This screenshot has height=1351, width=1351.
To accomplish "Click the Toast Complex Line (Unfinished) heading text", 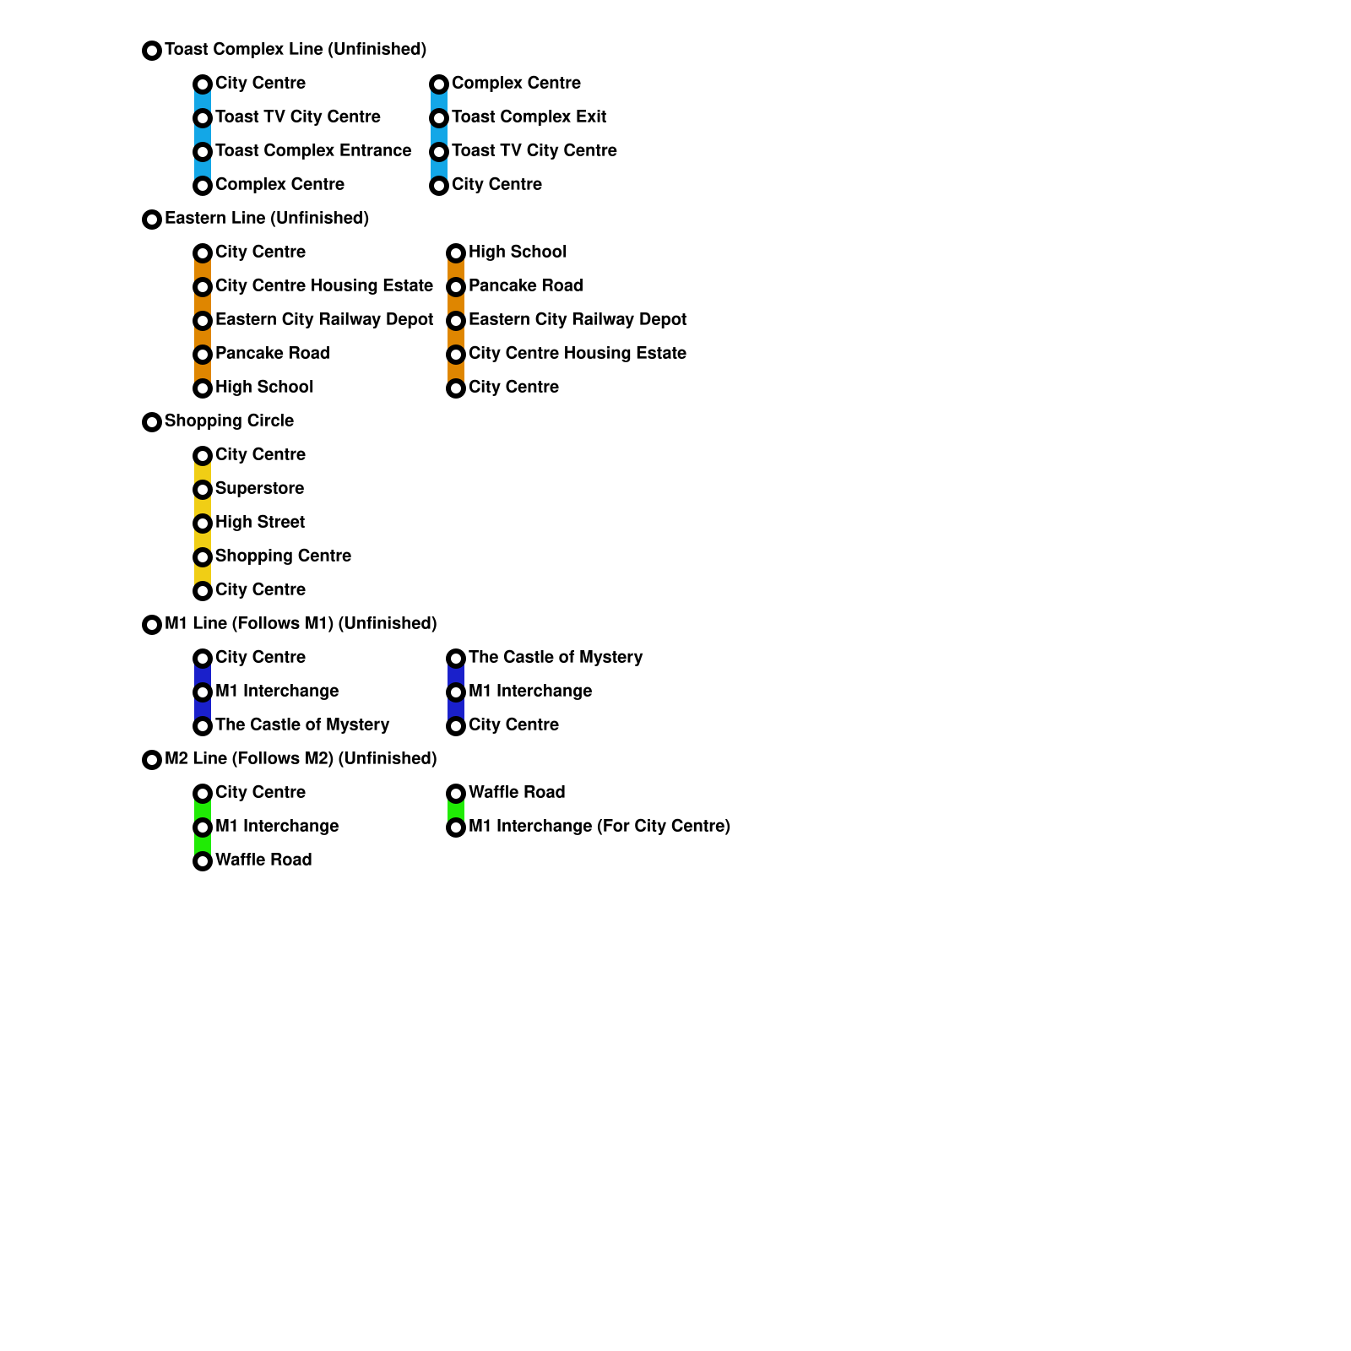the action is point(295,50).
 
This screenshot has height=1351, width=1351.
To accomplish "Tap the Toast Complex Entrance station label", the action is point(313,151).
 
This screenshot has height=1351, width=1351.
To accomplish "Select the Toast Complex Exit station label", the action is point(529,117).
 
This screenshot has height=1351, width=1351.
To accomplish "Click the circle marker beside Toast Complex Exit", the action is point(439,118).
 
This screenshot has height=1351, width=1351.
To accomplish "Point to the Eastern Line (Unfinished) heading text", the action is point(266,219).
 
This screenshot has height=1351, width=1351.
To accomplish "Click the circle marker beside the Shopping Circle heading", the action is point(152,422).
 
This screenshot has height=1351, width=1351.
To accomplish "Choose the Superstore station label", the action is point(259,489).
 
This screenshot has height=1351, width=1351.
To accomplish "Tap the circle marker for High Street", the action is point(203,524).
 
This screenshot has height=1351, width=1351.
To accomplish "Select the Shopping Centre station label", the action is point(283,556).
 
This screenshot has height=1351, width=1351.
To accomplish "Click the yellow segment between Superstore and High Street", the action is point(203,507).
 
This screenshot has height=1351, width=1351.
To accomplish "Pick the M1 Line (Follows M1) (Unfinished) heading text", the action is point(300,624).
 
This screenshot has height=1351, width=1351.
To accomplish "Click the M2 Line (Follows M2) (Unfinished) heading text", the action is point(300,759).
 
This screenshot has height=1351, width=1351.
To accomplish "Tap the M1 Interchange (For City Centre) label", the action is point(599,827).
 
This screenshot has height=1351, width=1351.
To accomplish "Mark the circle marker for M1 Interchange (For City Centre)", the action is point(456,827).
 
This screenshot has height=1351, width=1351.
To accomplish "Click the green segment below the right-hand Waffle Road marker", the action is point(456,811).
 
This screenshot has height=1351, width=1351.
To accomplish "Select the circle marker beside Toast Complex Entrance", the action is point(203,152).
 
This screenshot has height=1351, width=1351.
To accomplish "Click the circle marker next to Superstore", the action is point(203,490).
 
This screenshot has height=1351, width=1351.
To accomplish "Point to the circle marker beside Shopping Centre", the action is point(203,557).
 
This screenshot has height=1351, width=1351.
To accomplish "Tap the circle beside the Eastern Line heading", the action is point(152,220).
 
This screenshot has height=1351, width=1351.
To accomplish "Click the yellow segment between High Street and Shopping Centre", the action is point(203,540).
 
